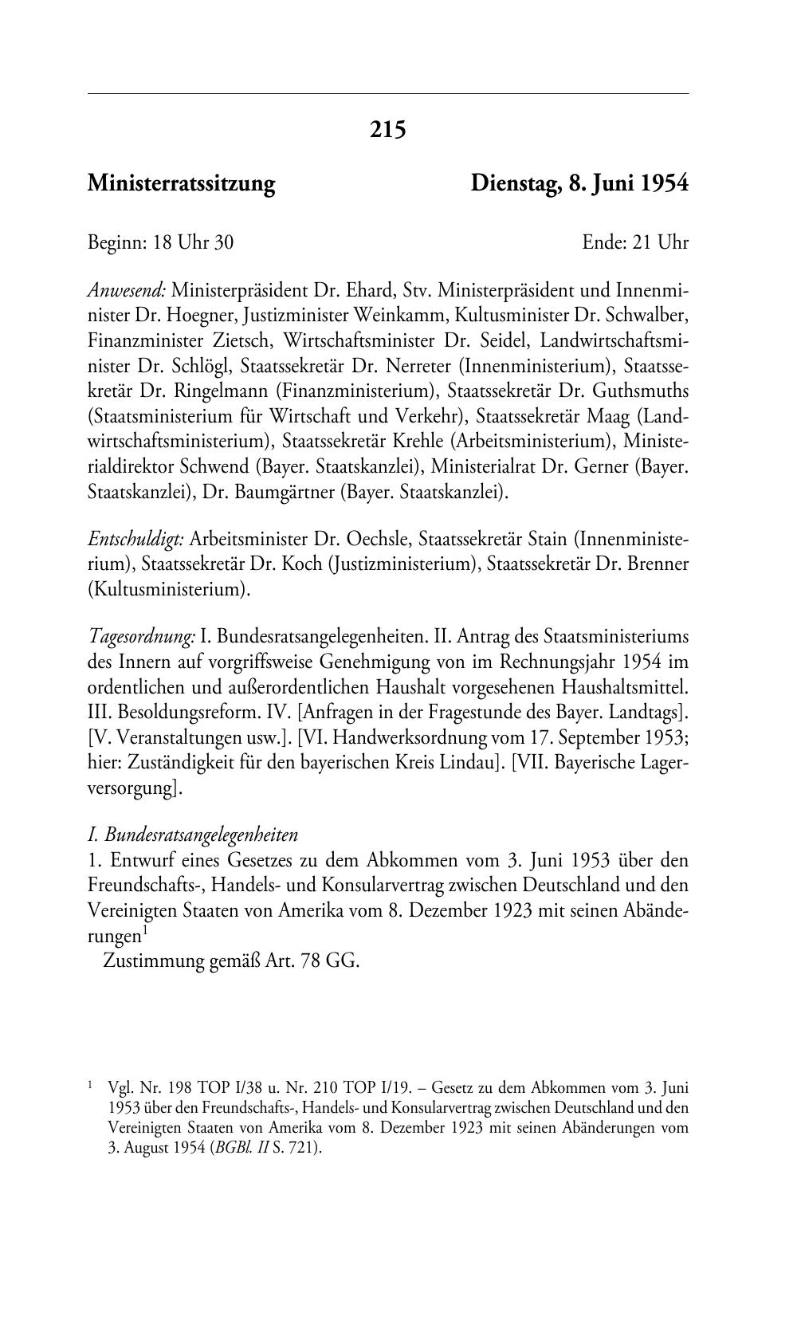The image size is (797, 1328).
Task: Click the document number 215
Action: pyautogui.click(x=388, y=129)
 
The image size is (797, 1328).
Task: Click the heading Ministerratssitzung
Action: pyautogui.click(x=181, y=184)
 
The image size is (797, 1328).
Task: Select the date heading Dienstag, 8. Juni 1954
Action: pyautogui.click(x=579, y=184)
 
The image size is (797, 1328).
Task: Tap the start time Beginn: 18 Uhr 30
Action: pyautogui.click(x=160, y=242)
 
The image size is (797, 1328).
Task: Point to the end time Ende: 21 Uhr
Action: pyautogui.click(x=634, y=242)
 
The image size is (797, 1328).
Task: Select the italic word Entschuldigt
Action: pyautogui.click(x=135, y=539)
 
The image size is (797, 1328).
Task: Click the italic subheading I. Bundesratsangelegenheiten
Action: pyautogui.click(x=193, y=835)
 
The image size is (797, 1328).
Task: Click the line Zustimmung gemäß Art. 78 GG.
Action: pyautogui.click(x=232, y=961)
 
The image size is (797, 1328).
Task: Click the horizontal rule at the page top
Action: pyautogui.click(x=388, y=94)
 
